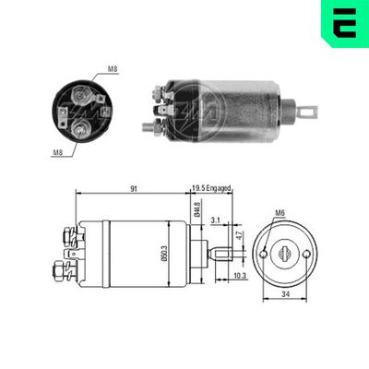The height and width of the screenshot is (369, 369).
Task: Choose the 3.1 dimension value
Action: pos(214,220)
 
